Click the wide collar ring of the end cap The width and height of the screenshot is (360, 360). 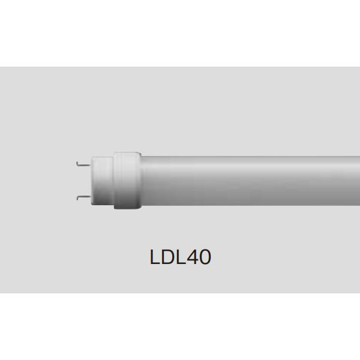click(x=126, y=179)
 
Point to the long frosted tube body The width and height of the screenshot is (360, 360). click(x=252, y=179)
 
